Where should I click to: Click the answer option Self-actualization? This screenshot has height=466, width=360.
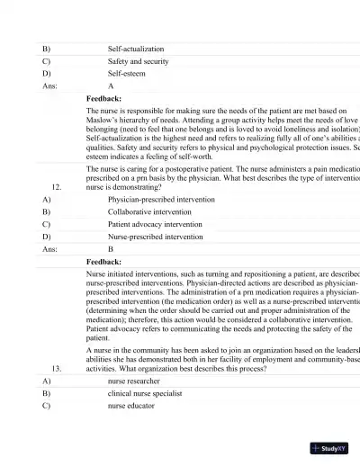(x=136, y=49)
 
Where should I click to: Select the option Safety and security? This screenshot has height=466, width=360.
(x=138, y=61)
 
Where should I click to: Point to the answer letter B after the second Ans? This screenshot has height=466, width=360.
(x=111, y=248)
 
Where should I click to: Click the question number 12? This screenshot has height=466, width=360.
(x=57, y=187)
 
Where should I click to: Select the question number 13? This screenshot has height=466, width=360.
(x=57, y=369)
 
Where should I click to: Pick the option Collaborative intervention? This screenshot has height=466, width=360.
(x=149, y=211)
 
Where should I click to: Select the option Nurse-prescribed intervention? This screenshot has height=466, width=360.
(x=155, y=237)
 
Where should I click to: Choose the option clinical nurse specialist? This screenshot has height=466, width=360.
(x=145, y=393)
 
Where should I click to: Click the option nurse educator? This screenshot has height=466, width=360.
(x=130, y=406)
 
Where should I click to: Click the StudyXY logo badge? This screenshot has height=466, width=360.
(x=330, y=447)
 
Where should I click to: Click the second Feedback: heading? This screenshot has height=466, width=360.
(x=103, y=261)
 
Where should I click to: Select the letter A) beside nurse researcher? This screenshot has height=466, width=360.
(x=46, y=381)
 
